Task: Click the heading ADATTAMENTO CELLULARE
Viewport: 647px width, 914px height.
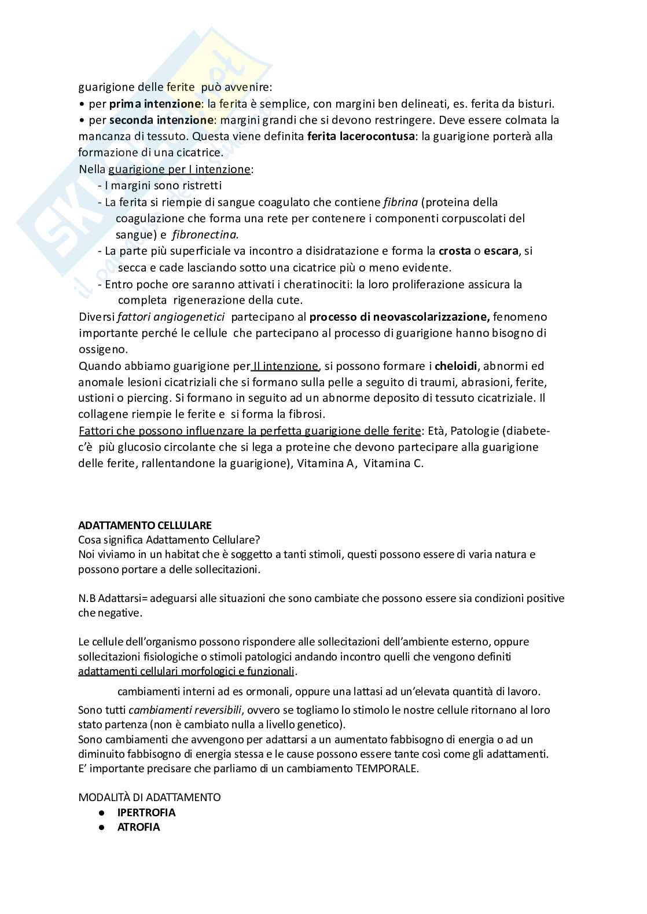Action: pos(145,526)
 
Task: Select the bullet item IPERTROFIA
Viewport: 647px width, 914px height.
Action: pos(146,812)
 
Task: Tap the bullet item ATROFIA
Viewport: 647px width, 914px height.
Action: pos(138,827)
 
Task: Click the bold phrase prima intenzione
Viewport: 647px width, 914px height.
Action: pos(154,104)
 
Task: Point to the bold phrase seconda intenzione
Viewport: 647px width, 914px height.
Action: pos(161,120)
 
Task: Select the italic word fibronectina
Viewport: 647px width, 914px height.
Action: pos(205,235)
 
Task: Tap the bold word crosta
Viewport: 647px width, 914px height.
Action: pos(454,251)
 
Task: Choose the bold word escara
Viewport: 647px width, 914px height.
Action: pos(501,251)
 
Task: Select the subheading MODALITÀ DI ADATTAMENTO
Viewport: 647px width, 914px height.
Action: pos(149,797)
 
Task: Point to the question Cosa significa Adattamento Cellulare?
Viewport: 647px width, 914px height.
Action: pos(170,539)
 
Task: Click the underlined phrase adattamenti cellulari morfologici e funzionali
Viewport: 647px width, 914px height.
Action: pos(186,671)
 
